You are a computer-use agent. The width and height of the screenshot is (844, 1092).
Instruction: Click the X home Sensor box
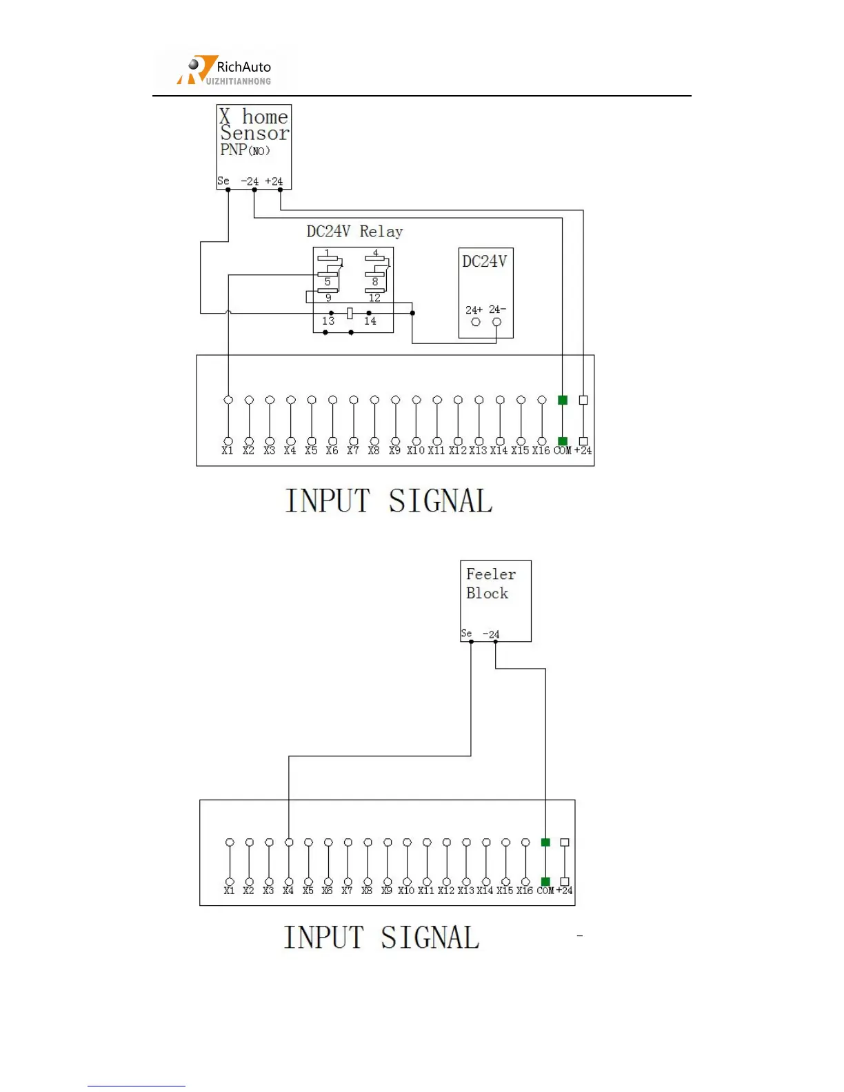[x=254, y=146]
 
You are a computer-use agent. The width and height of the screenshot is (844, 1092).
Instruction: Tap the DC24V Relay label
[x=354, y=232]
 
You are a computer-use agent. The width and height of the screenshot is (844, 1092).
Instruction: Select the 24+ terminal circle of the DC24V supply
[x=475, y=322]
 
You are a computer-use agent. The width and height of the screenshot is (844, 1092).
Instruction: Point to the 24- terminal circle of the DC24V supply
[x=496, y=322]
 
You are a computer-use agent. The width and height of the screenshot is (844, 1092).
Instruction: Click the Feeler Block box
[x=495, y=600]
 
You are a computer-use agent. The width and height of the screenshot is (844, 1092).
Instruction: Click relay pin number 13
[x=328, y=321]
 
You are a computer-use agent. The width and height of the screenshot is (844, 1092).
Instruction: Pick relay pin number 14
[x=370, y=321]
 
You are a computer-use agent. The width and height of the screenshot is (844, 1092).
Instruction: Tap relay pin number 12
[x=374, y=299]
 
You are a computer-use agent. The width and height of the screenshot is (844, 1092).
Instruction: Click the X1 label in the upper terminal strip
[x=228, y=451]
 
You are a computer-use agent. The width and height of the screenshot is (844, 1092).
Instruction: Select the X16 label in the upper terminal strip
[x=541, y=451]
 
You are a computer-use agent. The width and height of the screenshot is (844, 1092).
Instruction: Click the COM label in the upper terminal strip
[x=563, y=451]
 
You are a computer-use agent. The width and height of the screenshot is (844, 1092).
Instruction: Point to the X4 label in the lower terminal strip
[x=288, y=891]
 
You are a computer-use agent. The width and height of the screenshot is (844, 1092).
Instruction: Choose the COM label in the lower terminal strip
[x=545, y=891]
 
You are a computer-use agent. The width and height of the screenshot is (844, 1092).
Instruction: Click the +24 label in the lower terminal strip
[x=565, y=891]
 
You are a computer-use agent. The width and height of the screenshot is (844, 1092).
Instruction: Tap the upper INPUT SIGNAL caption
[x=389, y=501]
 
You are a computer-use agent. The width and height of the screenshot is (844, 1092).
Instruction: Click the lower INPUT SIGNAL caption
[x=381, y=938]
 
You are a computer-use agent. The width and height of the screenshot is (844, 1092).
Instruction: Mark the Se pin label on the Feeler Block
[x=467, y=634]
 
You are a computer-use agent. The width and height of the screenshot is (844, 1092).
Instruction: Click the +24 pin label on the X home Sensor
[x=274, y=182]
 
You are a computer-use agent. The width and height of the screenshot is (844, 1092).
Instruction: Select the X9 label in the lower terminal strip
[x=387, y=891]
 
